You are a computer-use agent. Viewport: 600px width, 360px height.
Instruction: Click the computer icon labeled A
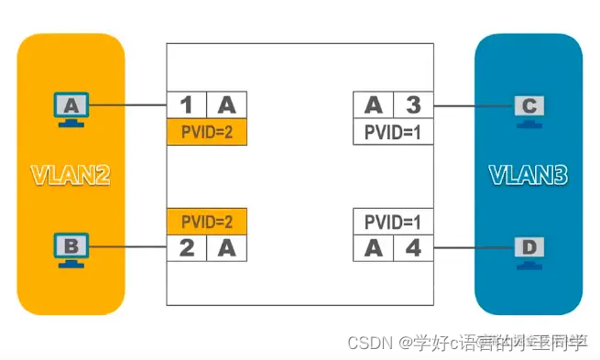point(71,108)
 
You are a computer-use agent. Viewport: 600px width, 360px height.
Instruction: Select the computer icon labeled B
point(71,247)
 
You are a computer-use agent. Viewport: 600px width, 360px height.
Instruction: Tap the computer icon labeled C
point(529,108)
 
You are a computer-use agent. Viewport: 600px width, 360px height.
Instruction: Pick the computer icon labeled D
point(529,247)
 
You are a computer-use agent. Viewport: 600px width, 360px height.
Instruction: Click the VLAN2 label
point(71,175)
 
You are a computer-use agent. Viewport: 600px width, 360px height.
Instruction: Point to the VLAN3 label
point(529,175)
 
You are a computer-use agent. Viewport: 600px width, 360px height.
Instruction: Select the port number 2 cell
point(186,246)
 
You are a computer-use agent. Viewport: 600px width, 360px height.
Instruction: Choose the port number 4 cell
point(413,246)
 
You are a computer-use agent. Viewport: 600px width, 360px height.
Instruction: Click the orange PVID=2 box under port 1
point(207,133)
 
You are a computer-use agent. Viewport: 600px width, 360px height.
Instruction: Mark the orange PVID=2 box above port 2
point(207,221)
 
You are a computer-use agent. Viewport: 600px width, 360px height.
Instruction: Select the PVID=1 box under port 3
point(393,133)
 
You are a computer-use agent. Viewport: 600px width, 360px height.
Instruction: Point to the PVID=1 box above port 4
point(393,221)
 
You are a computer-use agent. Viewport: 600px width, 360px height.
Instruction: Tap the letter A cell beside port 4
point(373,246)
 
